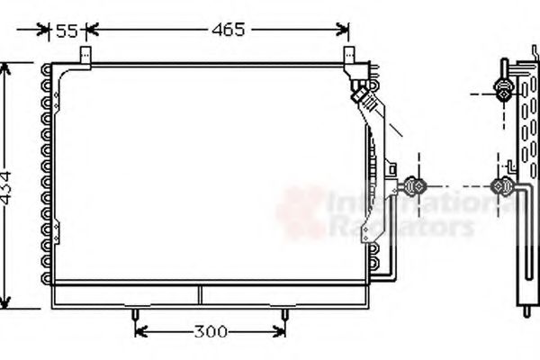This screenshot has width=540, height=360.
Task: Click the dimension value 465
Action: [228, 30]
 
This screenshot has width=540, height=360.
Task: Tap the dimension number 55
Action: [67, 31]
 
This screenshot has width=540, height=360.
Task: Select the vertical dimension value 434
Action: [7, 186]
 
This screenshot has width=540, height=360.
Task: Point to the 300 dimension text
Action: [210, 332]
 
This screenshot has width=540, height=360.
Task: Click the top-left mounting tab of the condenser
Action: [86, 56]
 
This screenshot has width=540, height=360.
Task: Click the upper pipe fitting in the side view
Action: [504, 89]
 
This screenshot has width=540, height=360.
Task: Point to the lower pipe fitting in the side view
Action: [501, 186]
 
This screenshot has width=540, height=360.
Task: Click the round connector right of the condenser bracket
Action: [416, 186]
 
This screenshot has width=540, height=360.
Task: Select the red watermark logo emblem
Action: [300, 211]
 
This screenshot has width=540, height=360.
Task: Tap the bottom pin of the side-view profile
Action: [526, 310]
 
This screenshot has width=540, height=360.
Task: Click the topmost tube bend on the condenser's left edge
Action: [46, 71]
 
